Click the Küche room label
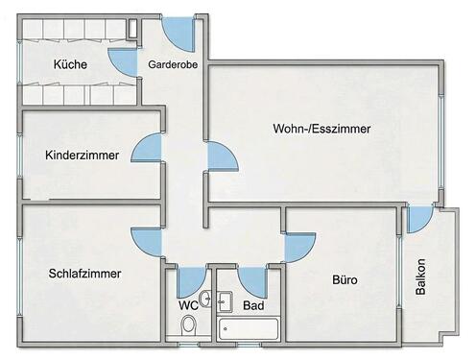pos(71,65)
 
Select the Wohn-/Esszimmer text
pos(321,128)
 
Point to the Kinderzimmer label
pos(82,155)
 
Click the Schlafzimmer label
pos(84,274)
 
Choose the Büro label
pos(345,280)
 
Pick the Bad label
pos(253,305)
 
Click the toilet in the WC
pos(189,325)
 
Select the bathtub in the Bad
pos(249,329)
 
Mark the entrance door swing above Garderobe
pos(180,31)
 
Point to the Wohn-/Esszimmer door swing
pos(219,156)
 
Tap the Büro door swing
pos(297,247)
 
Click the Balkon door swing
pos(418,220)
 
